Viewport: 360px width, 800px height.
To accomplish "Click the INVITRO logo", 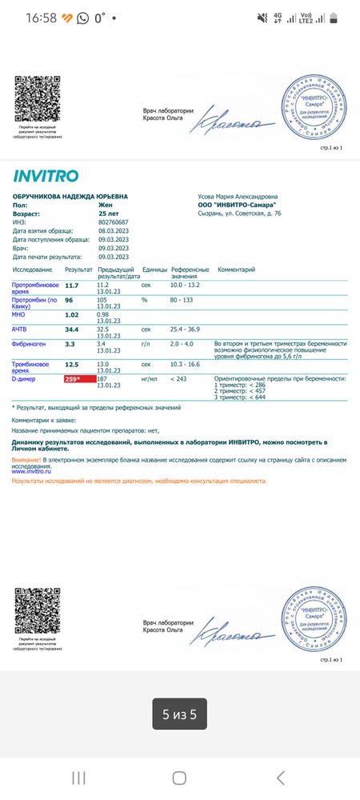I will [x=46, y=176].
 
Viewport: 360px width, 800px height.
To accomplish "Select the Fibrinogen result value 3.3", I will [x=70, y=343].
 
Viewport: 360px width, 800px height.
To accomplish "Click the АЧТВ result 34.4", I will [x=72, y=329].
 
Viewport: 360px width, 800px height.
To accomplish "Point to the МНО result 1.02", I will [x=72, y=314].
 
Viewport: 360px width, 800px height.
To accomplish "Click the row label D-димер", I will [x=27, y=378].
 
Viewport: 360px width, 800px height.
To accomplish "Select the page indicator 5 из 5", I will [x=179, y=715].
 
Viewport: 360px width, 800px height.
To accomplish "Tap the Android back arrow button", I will [x=280, y=778].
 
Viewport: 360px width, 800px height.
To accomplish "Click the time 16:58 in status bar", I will [x=41, y=18].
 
